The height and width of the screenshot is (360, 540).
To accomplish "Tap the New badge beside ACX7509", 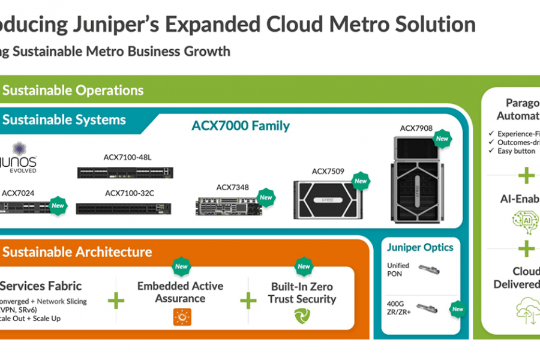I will coord(361,181).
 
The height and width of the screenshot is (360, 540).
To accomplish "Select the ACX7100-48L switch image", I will coord(125,173).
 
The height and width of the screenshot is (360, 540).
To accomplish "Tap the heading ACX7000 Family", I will coord(241,126).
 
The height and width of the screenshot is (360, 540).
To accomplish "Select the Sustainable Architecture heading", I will coord(76,252).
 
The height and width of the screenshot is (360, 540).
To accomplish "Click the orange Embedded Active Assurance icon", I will coord(182,317).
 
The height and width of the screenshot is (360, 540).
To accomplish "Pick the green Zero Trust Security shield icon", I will coord(302,317).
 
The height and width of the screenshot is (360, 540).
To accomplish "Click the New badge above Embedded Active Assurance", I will coord(181,266).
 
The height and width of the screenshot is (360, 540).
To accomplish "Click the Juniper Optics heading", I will coord(420,247).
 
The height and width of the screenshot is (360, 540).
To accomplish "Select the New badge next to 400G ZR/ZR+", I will coord(457,309).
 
